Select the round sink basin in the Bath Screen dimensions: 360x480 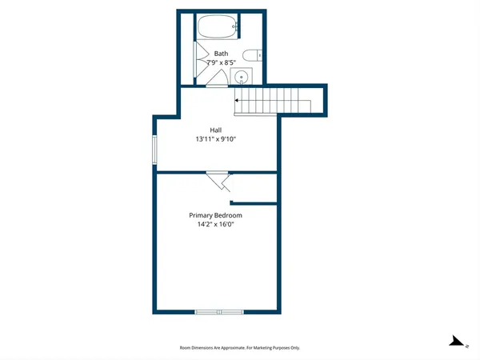(x=242, y=78)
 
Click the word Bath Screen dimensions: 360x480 (x=221, y=53)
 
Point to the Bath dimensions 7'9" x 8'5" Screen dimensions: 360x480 (x=221, y=62)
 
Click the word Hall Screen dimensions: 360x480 (x=216, y=130)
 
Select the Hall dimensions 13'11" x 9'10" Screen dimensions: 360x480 (x=216, y=139)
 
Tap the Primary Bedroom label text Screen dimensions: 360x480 (x=215, y=215)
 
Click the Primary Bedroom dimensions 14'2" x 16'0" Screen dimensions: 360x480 (x=215, y=225)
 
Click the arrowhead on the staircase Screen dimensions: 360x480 (x=237, y=100)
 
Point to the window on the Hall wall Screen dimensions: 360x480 (x=155, y=148)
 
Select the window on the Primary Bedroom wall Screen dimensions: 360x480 (x=219, y=311)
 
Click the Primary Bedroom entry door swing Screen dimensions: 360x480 (x=219, y=182)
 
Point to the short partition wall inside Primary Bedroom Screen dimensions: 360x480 (x=254, y=204)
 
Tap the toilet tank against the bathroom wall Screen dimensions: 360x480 (x=261, y=55)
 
